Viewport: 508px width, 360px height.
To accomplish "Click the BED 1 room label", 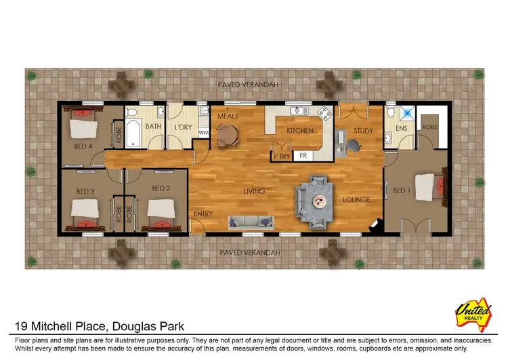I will click(402, 191).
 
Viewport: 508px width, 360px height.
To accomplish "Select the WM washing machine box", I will click(203, 134).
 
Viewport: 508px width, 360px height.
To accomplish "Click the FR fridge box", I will click(303, 156).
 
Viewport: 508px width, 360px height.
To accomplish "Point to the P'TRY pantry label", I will click(281, 156).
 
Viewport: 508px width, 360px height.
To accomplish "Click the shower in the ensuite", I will click(408, 115).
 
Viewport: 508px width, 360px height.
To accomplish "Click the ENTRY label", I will click(203, 214).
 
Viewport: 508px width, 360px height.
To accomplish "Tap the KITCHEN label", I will click(298, 130).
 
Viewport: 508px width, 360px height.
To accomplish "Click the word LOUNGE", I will click(356, 200).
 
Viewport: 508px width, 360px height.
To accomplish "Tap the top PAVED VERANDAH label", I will click(248, 85).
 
